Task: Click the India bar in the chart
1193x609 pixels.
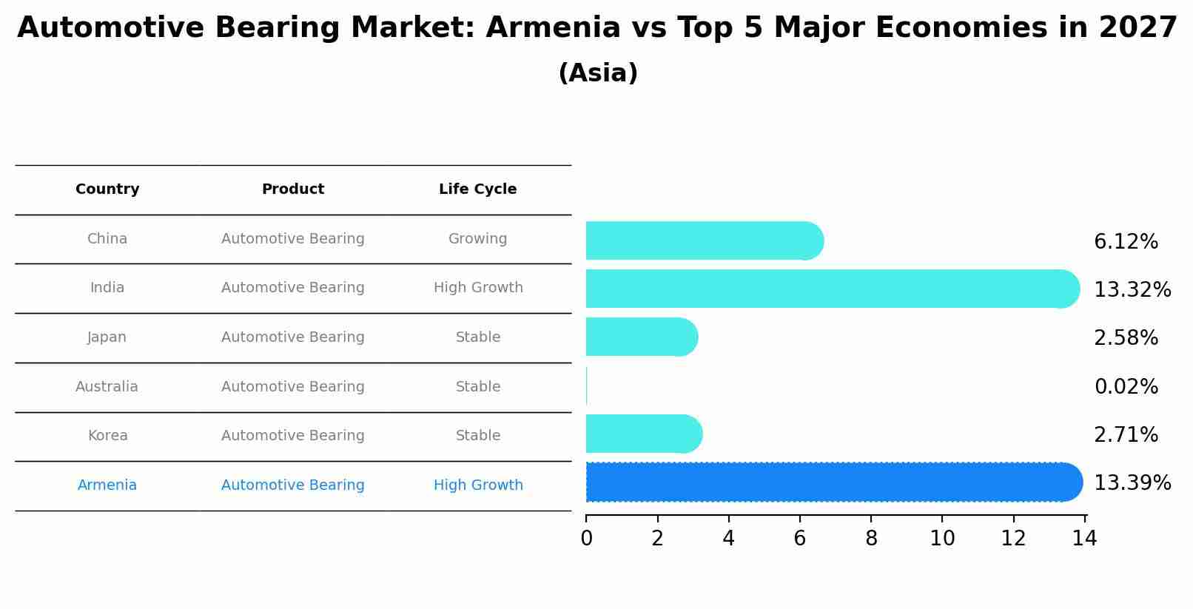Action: (829, 289)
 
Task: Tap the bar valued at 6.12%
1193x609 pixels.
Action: (703, 240)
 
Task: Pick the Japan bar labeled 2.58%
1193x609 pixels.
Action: (641, 337)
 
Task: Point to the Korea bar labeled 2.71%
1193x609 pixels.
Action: (642, 434)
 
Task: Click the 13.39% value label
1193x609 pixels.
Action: (1132, 483)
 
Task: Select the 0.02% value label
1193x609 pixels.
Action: (1126, 387)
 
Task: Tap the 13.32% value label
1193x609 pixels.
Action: (1132, 290)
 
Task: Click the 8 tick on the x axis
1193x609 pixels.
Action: (871, 539)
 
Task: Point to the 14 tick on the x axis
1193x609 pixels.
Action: (1084, 539)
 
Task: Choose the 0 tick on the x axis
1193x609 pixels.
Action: (586, 539)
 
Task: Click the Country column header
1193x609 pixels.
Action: (107, 189)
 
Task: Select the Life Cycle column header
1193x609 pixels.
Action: (477, 189)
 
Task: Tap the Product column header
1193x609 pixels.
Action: (292, 189)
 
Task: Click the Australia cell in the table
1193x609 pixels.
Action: (107, 387)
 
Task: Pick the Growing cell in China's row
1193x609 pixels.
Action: (477, 239)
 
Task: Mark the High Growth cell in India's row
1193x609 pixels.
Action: (478, 288)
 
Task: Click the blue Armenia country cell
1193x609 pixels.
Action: (107, 485)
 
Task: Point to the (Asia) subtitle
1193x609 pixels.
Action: (597, 73)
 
